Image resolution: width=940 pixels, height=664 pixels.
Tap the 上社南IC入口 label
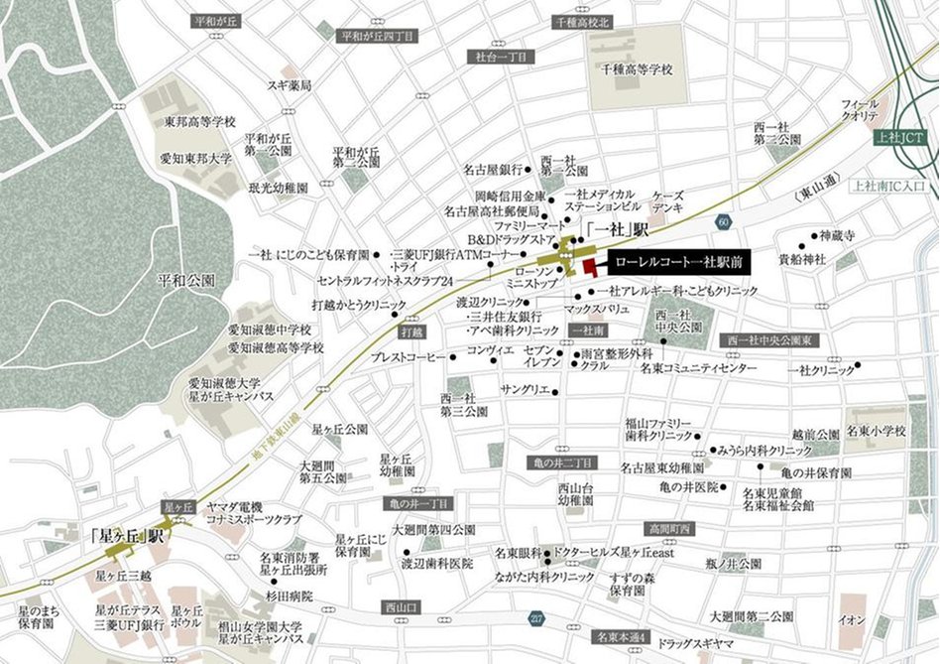888,185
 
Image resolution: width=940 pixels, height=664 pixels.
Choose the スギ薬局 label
290,86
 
